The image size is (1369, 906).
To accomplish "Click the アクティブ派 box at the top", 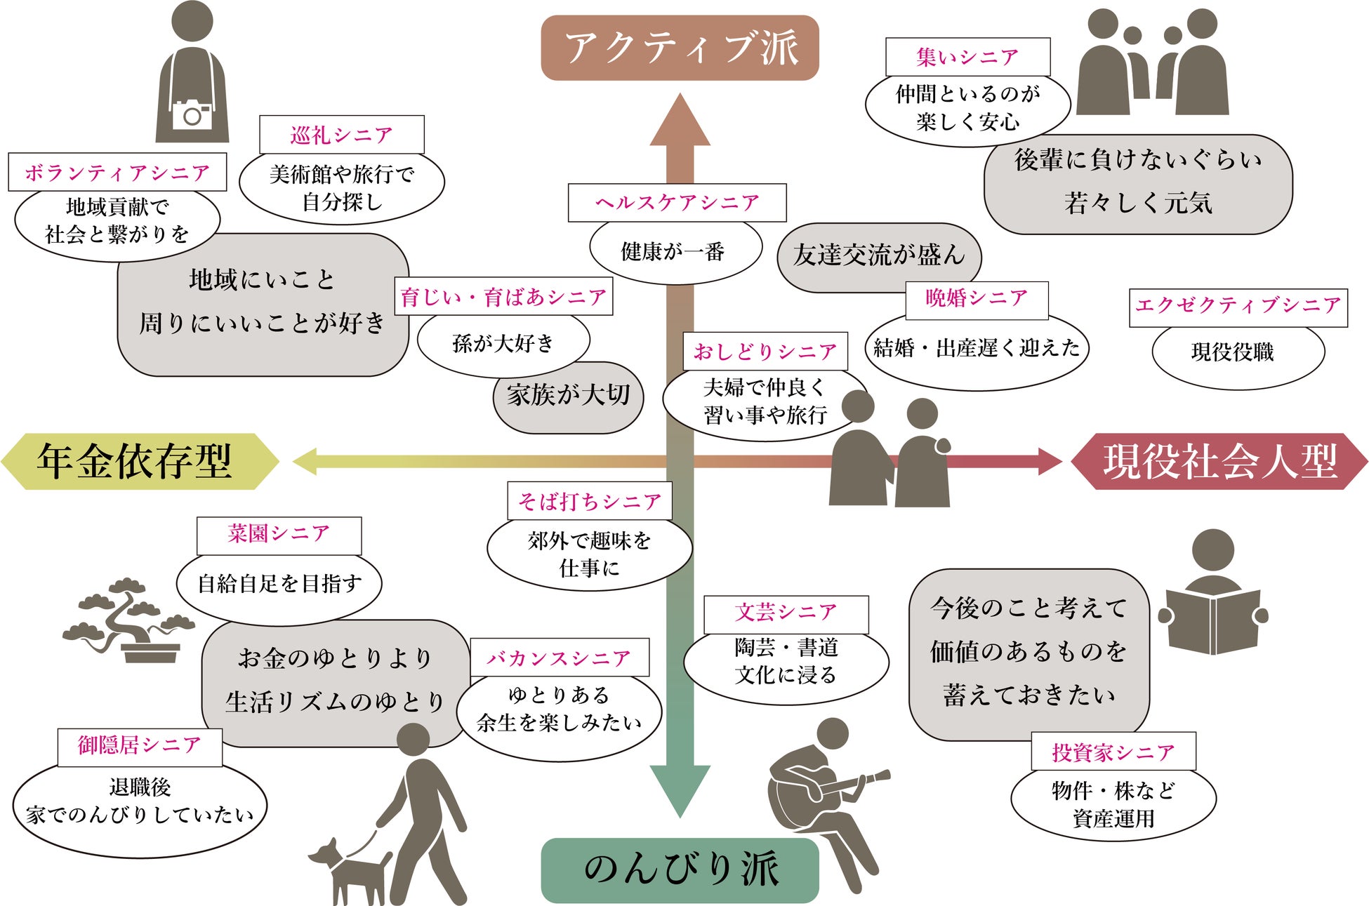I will click(x=680, y=48).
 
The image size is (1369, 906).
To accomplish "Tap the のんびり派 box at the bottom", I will click(x=680, y=870).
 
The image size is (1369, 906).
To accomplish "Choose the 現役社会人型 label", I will click(x=1219, y=461).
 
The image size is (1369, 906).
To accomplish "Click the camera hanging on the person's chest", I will click(x=192, y=114).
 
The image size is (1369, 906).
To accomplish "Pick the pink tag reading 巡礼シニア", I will click(x=342, y=135).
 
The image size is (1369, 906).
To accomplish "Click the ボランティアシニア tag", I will click(x=117, y=172).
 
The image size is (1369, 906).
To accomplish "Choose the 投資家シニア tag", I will click(x=1113, y=752).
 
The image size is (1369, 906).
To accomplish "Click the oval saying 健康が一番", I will click(x=675, y=252).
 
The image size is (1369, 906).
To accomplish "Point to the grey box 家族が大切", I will click(x=568, y=397).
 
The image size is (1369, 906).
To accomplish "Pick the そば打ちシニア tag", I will click(x=590, y=501).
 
